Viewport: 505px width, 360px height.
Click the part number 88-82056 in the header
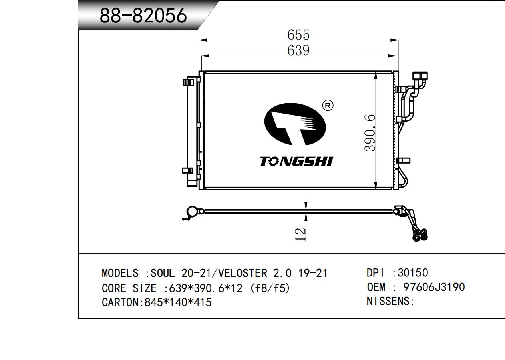[143, 16]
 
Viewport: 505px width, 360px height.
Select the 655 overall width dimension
[298, 35]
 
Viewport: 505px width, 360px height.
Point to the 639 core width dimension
[298, 50]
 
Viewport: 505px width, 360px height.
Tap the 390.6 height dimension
[370, 133]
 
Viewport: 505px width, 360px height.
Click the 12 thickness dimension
[300, 234]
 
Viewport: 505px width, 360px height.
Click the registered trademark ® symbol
[328, 105]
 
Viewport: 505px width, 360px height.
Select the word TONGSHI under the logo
[296, 162]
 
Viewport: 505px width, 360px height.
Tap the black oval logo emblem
[295, 124]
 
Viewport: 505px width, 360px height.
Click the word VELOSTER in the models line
[243, 273]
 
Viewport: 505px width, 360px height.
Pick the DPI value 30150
[413, 273]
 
